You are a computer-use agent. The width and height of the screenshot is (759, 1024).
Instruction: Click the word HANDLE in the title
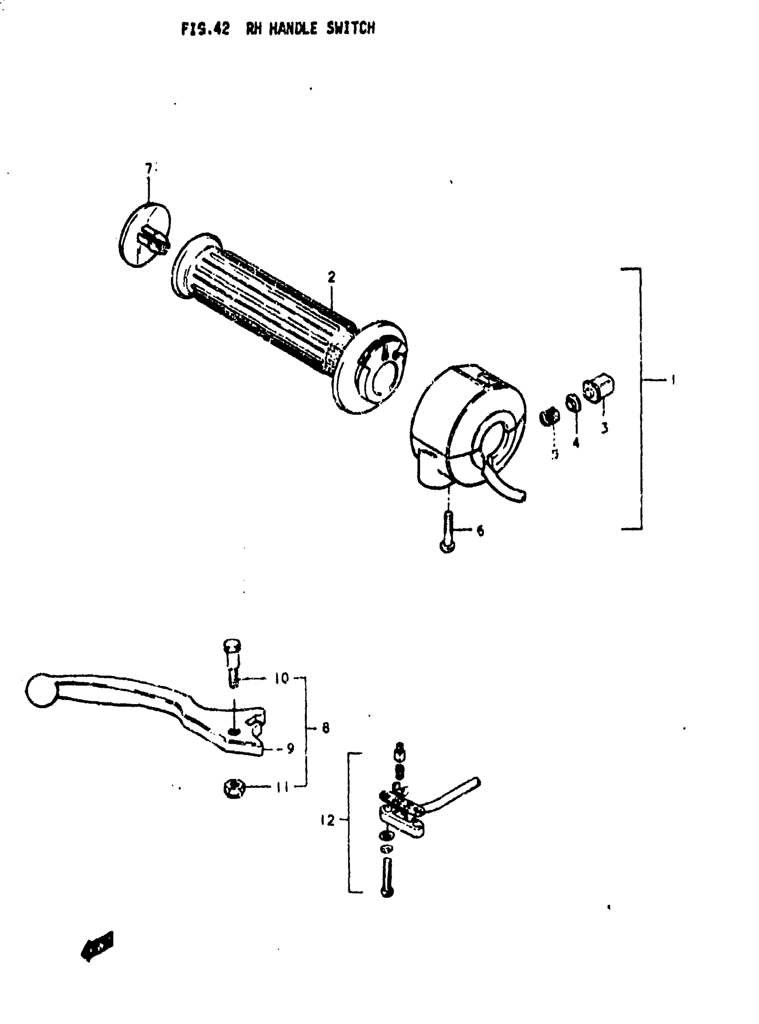pyautogui.click(x=293, y=29)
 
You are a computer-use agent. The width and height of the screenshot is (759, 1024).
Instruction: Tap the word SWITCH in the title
pyautogui.click(x=350, y=29)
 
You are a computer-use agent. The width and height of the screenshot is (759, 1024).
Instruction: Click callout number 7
pyautogui.click(x=148, y=170)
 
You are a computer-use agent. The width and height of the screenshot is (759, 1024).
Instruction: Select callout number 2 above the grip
pyautogui.click(x=331, y=278)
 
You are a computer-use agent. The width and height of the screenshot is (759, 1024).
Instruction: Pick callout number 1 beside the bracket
pyautogui.click(x=673, y=380)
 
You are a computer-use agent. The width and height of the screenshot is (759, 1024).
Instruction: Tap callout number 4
pyautogui.click(x=576, y=443)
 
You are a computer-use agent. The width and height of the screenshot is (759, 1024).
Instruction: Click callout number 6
pyautogui.click(x=480, y=531)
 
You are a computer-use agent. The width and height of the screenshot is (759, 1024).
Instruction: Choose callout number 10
pyautogui.click(x=281, y=678)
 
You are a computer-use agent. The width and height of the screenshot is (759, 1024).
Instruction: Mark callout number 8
pyautogui.click(x=326, y=728)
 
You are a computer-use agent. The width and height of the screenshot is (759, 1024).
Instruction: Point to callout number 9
pyautogui.click(x=290, y=749)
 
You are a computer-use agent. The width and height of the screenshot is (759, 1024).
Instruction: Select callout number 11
pyautogui.click(x=282, y=788)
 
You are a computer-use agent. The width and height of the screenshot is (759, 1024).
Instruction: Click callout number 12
pyautogui.click(x=328, y=820)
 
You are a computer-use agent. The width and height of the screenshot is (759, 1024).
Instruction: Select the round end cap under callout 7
pyautogui.click(x=143, y=235)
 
